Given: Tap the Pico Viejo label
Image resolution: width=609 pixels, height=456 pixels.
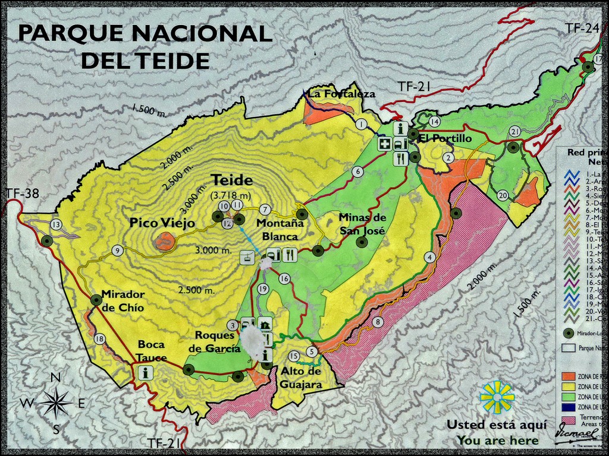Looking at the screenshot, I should coord(163,223).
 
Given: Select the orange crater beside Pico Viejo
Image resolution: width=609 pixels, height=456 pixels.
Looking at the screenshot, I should coord(165,241).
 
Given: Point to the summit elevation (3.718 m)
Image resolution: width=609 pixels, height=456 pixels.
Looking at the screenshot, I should coord(231,195).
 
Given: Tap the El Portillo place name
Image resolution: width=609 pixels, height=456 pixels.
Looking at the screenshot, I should coord(445,138).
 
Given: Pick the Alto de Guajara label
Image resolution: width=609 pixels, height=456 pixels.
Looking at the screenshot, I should coord(301,378).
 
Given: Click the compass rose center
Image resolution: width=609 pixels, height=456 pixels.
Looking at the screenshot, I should coord(55,403).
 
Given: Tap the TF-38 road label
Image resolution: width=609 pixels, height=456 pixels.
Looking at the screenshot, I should coord(23,193).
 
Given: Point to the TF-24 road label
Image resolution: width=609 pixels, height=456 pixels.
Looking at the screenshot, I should coord(582,27).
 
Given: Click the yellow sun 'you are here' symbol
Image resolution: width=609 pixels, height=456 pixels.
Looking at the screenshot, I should coord(497,397).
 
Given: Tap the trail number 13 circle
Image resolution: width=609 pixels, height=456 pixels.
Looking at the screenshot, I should coord(56,224).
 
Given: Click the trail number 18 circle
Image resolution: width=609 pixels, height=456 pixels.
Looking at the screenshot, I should coord(99,339).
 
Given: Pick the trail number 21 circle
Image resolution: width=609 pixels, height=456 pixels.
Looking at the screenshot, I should coord(515,132).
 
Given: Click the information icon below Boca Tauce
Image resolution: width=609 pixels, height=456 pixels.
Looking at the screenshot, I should coord(145,372).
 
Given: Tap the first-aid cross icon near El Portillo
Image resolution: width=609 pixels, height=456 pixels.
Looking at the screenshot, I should coord(385,144).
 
